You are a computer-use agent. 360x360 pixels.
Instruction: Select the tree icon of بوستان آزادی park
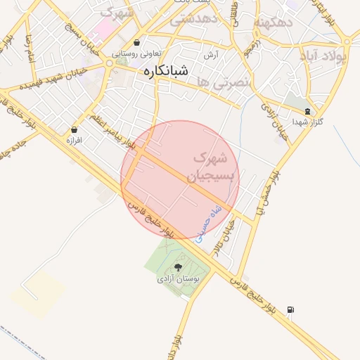pos(177,267)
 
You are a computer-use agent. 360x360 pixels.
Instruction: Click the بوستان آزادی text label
pos(178,279)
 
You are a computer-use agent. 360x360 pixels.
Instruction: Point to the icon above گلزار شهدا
pos(307,111)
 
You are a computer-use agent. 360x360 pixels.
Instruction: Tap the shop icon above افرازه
pos(74,129)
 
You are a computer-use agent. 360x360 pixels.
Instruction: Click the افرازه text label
pos(74,141)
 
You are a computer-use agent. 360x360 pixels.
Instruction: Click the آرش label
pos(210,55)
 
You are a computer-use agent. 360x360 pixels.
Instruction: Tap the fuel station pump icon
pos(291,309)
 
